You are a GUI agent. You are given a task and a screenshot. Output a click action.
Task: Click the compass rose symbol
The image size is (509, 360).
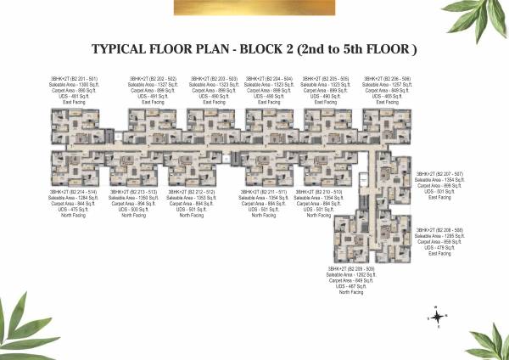tap(436, 317)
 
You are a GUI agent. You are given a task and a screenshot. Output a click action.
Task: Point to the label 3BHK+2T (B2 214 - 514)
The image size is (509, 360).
tap(72, 192)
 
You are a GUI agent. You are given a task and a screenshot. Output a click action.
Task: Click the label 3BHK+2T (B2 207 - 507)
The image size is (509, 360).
tap(439, 173)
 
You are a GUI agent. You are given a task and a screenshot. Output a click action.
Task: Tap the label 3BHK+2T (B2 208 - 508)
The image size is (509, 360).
tap(439, 230)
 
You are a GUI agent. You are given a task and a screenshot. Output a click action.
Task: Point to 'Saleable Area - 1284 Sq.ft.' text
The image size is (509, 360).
tap(72, 198)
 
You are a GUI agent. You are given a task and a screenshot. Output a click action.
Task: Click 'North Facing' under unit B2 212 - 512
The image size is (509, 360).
tap(192, 216)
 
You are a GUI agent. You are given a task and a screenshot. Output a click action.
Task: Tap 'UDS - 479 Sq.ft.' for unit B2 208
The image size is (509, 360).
tap(439, 248)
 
